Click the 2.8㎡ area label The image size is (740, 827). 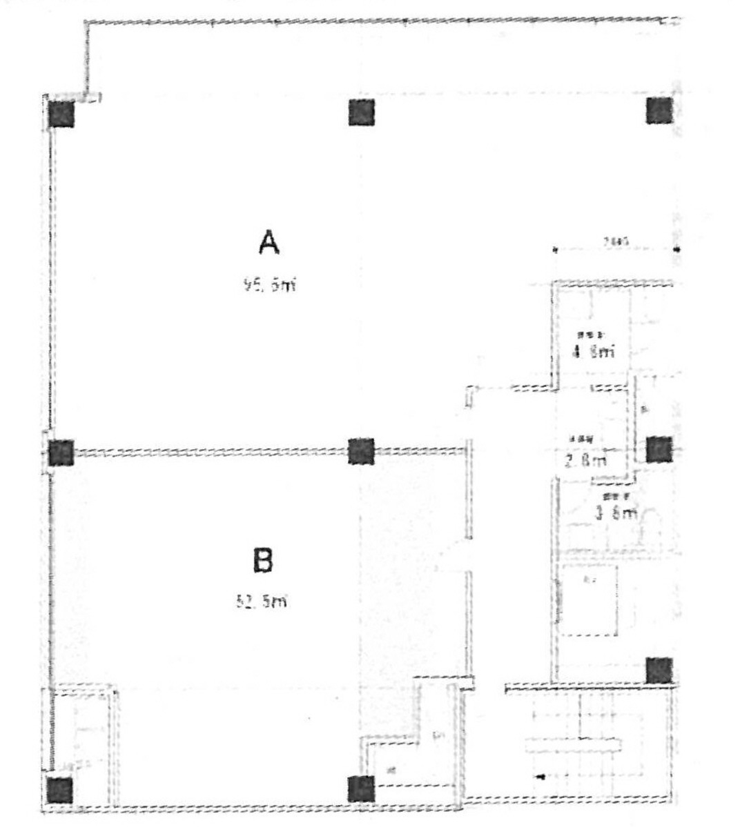[x=585, y=459]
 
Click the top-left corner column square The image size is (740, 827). [x=61, y=113]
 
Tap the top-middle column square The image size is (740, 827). [x=361, y=112]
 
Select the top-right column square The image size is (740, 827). [x=659, y=110]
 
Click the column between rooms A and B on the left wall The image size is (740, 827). [x=61, y=452]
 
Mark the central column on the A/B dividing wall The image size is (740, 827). [x=361, y=451]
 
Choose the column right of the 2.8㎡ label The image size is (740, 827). [x=659, y=449]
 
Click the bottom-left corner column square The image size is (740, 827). [x=60, y=790]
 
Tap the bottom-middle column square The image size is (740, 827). [x=360, y=789]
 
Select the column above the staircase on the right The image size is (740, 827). [x=659, y=670]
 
